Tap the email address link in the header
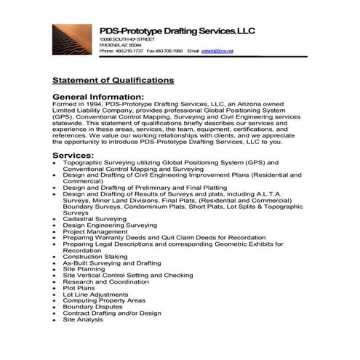[221, 51]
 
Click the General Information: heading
[98, 96]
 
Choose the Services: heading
[73, 156]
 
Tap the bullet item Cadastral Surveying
[95, 219]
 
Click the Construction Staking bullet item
[95, 256]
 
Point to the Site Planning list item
[84, 269]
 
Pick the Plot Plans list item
[79, 288]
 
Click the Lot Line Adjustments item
[94, 295]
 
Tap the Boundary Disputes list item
[92, 307]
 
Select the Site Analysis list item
[83, 319]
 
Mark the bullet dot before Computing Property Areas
[55, 301]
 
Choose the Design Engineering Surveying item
[110, 225]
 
